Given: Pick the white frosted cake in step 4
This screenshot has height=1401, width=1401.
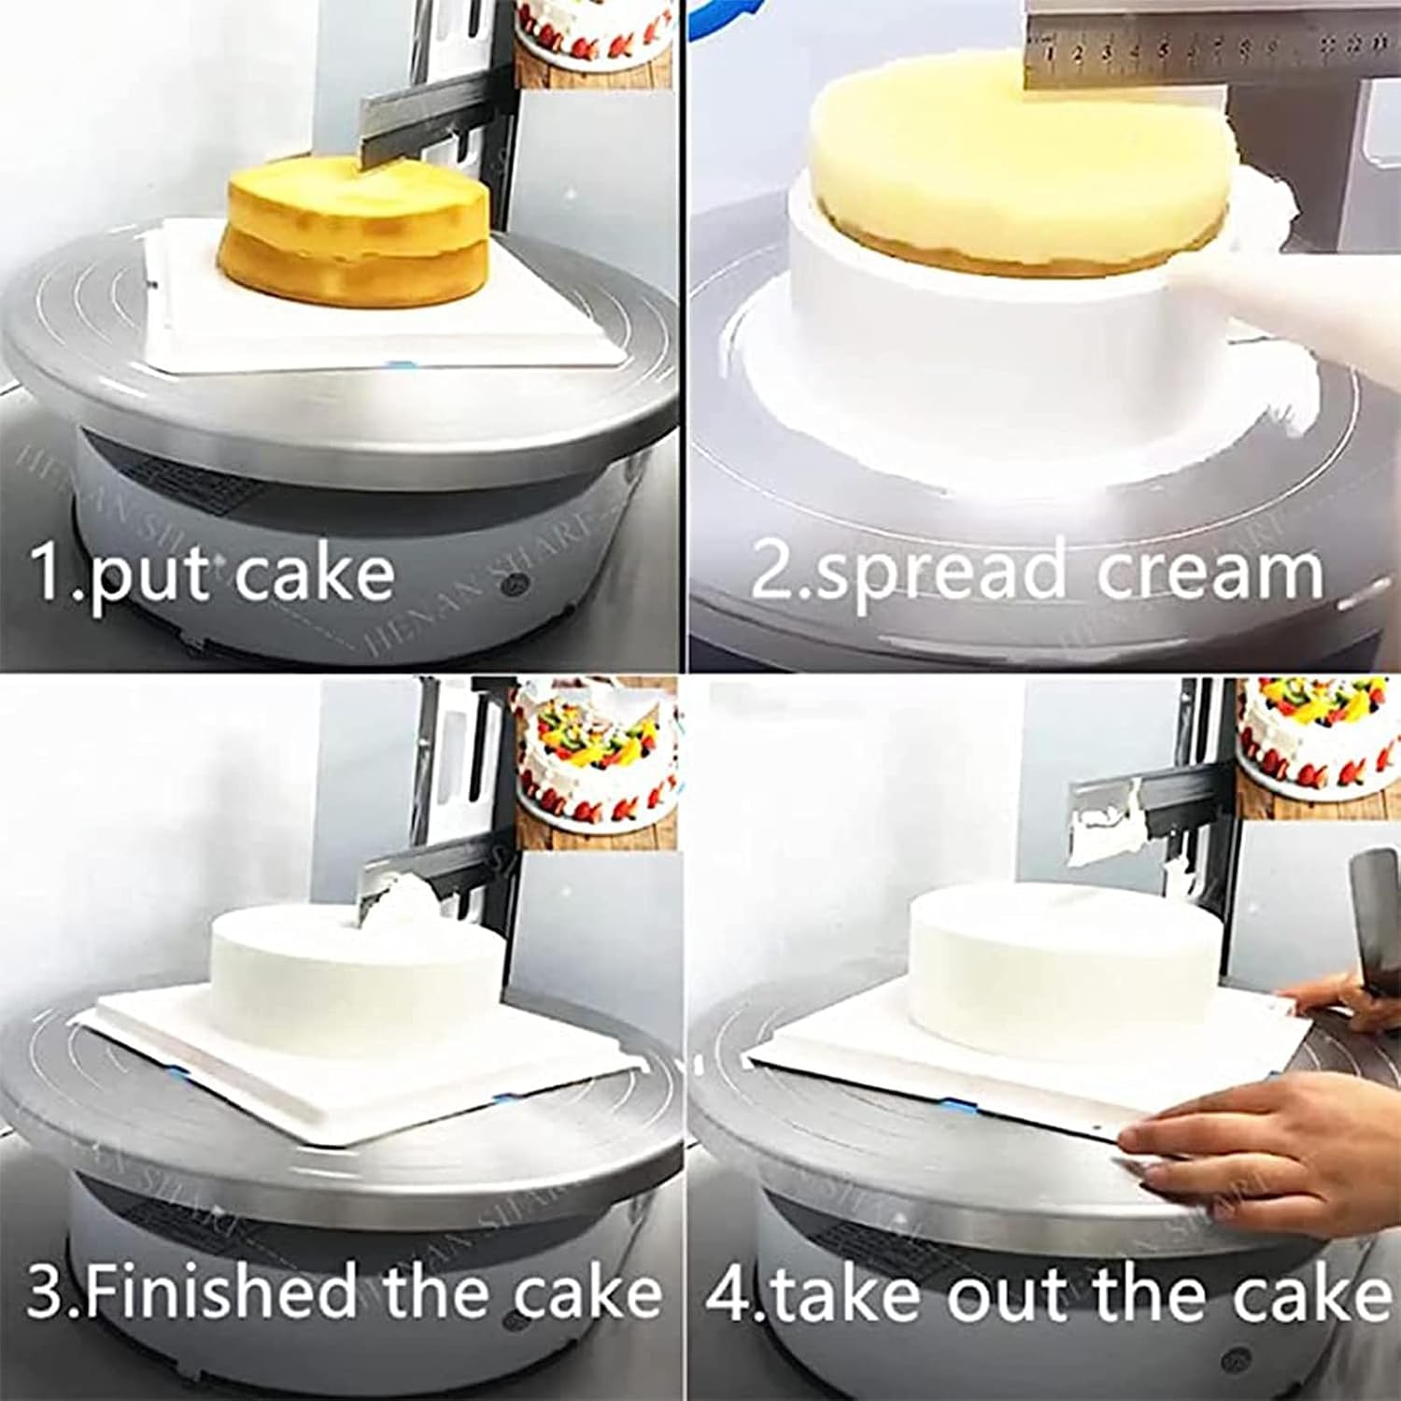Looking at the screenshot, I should [x=1065, y=953].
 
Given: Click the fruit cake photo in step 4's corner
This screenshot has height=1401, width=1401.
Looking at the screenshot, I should [x=1317, y=738].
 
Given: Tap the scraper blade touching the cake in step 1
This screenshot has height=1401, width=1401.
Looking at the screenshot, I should [x=411, y=131].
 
